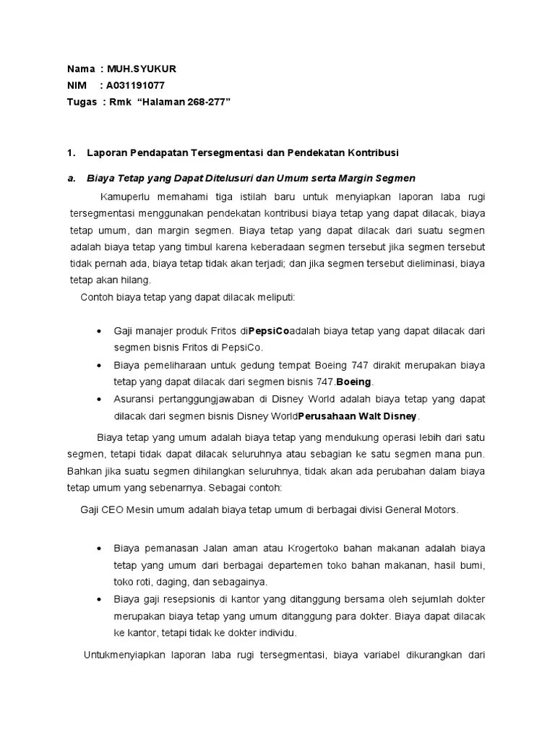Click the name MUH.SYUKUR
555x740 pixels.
[x=142, y=69]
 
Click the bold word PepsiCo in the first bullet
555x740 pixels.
[x=269, y=331]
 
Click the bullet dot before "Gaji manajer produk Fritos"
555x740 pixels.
[x=98, y=331]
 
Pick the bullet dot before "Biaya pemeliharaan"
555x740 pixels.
[x=98, y=365]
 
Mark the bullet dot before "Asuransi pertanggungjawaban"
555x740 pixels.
[x=98, y=399]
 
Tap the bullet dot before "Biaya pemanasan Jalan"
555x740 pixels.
[x=98, y=548]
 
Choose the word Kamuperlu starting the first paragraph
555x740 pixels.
[x=124, y=197]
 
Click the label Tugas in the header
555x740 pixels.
[x=82, y=103]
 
